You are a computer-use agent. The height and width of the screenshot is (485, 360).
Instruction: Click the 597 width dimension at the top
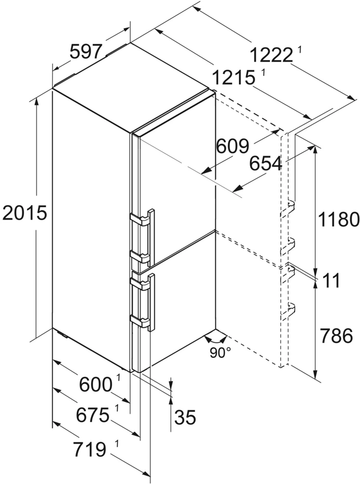pos(86,51)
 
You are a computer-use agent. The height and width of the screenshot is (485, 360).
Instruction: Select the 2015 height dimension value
pos(25,213)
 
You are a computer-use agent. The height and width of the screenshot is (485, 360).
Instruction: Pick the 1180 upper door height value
pos(338,219)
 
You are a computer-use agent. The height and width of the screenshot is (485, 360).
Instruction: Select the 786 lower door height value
pos(336,336)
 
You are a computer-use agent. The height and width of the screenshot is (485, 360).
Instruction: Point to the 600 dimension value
pos(96,384)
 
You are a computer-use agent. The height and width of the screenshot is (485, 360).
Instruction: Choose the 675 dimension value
pos(93,415)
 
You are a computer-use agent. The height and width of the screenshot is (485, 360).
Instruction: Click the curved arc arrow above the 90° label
pos(216,338)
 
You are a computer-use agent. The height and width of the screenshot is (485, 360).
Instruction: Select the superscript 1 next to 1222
pos(300,49)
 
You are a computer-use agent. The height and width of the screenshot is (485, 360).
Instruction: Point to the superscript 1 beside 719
pos(117,444)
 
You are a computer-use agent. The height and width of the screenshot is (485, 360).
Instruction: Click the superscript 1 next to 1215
pos(262,73)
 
